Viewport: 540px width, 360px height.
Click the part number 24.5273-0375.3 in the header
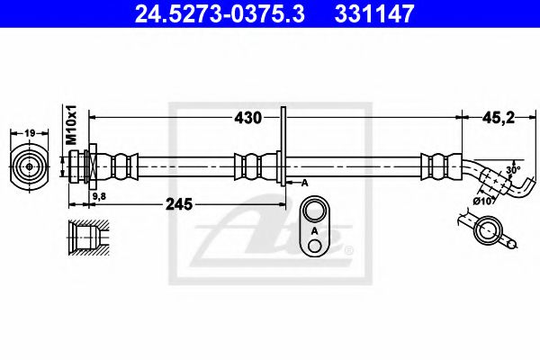coord(220,13)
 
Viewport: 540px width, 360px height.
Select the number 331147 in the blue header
coord(374,13)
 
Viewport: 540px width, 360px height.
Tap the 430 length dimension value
coord(248,118)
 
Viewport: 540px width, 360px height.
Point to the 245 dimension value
coord(179,204)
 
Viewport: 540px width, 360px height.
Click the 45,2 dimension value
coord(499,118)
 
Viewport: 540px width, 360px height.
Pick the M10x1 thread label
coord(72,125)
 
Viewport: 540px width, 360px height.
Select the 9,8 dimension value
coord(99,196)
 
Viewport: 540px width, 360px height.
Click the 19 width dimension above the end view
coord(30,132)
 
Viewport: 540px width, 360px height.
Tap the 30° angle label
coord(513,169)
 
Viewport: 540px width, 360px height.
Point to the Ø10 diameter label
coord(483,202)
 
